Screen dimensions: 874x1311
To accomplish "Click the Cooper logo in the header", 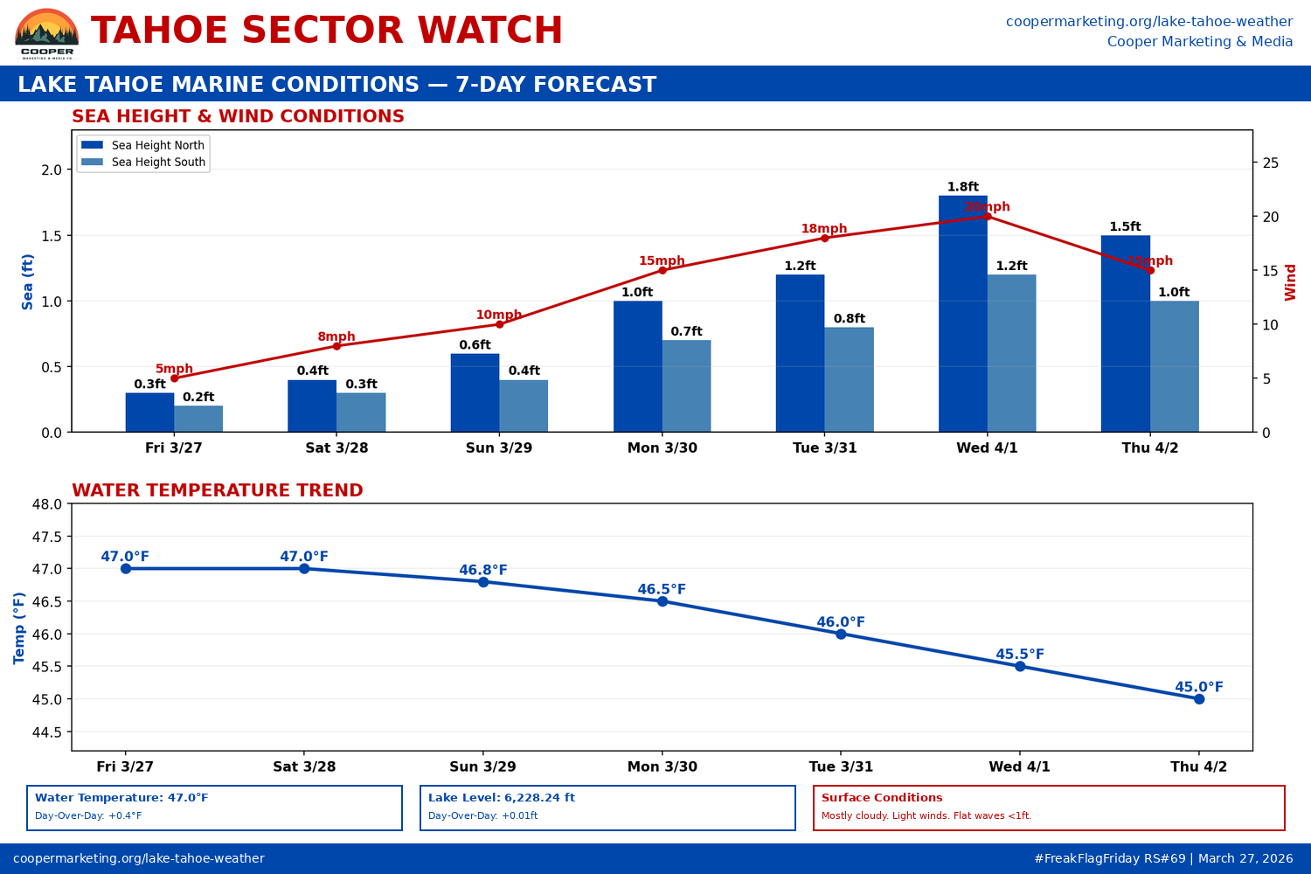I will tap(47, 33).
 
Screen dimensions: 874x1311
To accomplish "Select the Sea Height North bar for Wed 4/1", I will tap(962, 315).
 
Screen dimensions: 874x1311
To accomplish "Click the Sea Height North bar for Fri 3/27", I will tap(149, 413).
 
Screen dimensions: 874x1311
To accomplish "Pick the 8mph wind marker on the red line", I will tap(336, 346).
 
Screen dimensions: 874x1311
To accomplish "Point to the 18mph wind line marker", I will tap(824, 238).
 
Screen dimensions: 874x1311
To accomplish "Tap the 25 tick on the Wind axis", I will tap(1270, 163).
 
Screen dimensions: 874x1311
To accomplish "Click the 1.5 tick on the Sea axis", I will tap(52, 236).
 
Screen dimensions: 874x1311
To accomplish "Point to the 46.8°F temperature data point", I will tap(483, 582).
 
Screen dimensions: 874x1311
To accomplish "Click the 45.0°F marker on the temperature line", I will tap(1199, 699).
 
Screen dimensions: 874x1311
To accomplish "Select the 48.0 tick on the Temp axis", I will tap(47, 504).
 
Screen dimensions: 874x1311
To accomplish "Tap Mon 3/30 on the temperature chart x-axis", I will tap(662, 766).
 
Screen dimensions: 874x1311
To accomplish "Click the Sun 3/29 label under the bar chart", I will tap(499, 447).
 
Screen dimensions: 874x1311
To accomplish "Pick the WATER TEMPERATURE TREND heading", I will tap(217, 490).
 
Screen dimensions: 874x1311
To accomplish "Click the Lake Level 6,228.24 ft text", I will tap(502, 798).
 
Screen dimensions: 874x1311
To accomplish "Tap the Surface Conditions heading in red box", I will tap(882, 798).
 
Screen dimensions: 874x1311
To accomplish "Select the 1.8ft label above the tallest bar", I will tap(963, 187).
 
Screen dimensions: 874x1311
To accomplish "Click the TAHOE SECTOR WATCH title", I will tap(327, 31).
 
